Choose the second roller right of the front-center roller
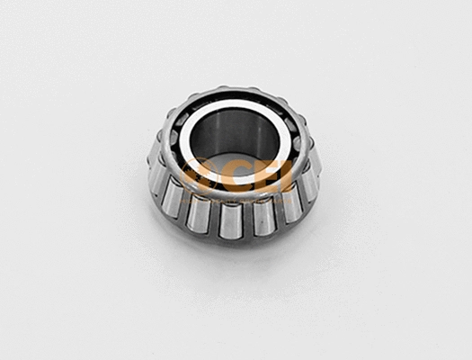(x=288, y=203)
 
